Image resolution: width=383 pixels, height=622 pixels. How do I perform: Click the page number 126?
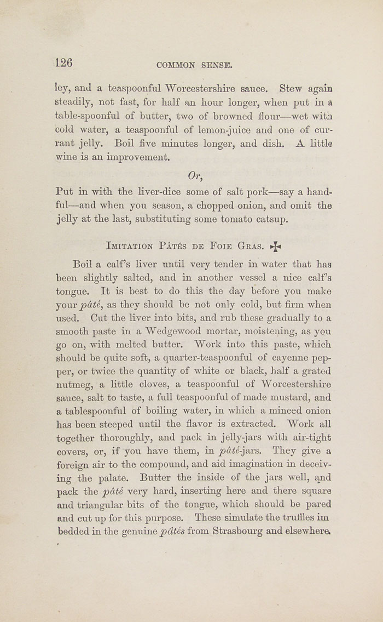click(x=64, y=62)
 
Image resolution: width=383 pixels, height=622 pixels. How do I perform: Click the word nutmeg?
click(x=74, y=385)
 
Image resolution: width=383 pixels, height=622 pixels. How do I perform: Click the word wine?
click(x=68, y=158)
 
